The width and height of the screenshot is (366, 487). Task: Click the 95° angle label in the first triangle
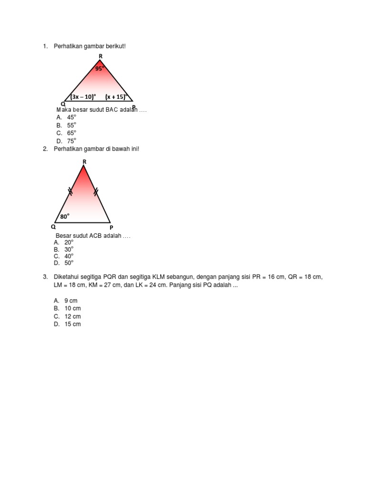click(x=99, y=68)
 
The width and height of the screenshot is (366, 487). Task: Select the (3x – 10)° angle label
click(x=83, y=97)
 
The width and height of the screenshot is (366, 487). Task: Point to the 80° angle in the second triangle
click(x=64, y=216)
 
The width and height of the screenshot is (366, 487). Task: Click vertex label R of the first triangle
click(x=101, y=57)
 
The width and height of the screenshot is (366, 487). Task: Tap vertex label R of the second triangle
click(x=84, y=162)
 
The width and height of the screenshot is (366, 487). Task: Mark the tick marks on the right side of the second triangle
click(x=96, y=192)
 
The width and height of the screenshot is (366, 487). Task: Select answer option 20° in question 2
click(x=69, y=242)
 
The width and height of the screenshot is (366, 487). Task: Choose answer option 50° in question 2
click(x=69, y=263)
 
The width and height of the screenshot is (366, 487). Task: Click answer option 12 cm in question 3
click(x=72, y=316)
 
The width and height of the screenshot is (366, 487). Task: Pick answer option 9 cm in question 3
click(x=71, y=301)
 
